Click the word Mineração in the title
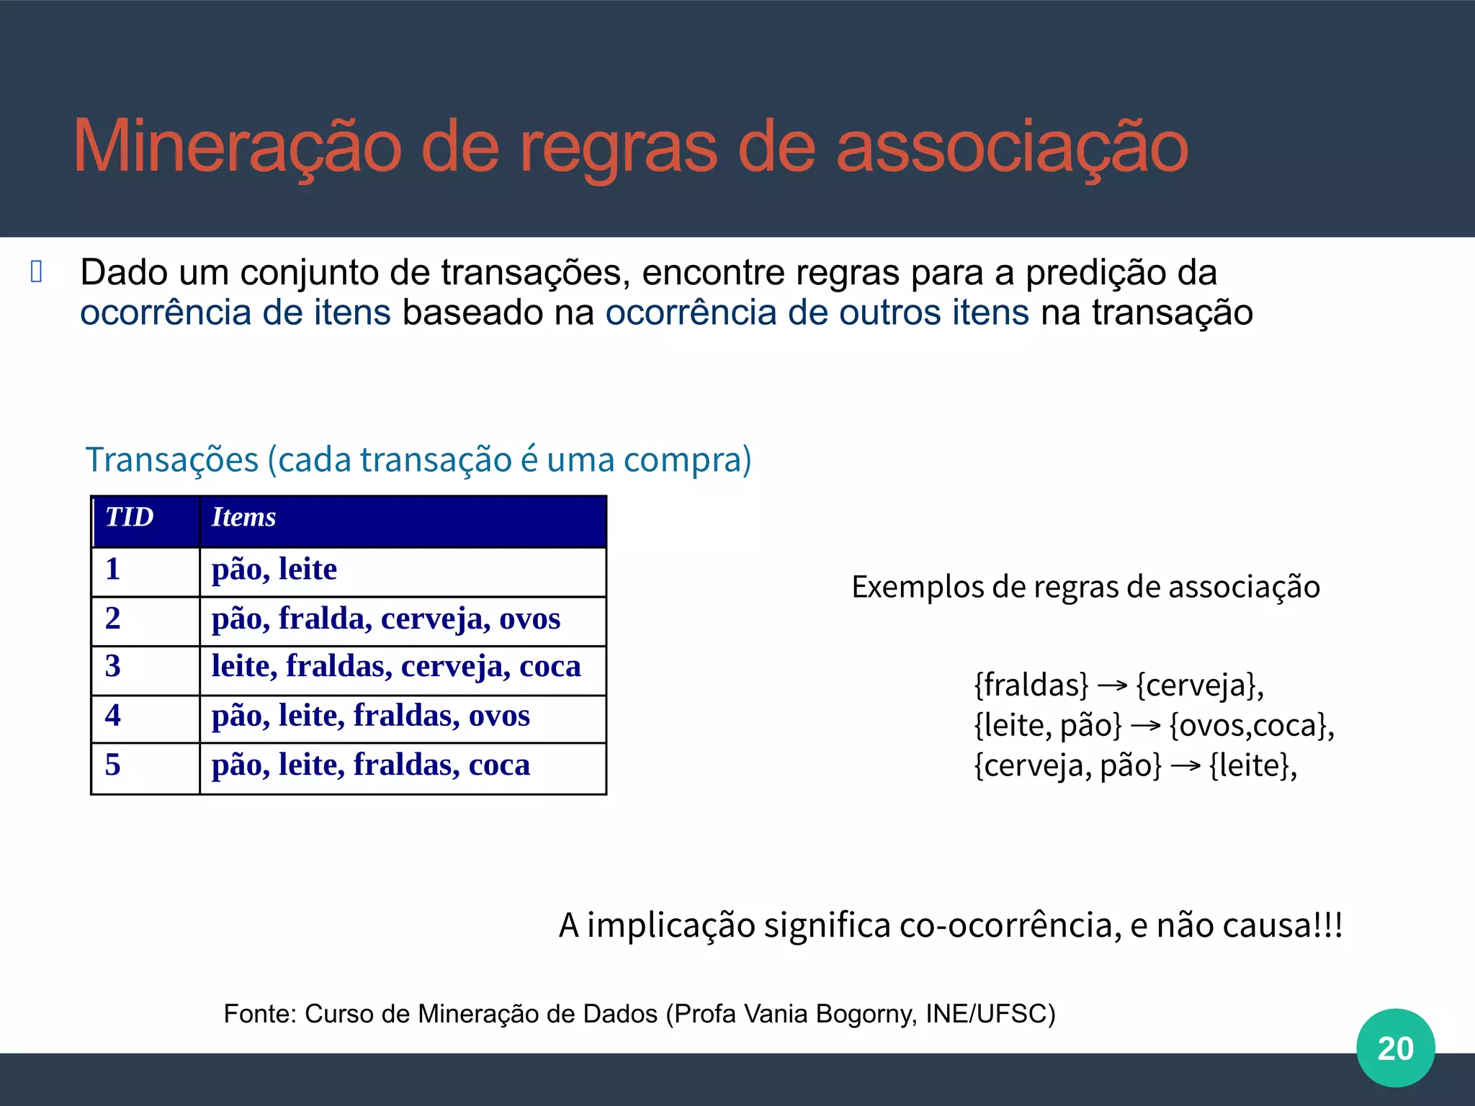[238, 148]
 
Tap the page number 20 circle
[1395, 1048]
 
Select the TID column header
[130, 517]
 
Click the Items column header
[244, 517]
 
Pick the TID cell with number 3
[113, 666]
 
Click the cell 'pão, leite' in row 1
[274, 570]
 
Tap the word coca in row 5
[499, 765]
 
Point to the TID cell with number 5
[113, 765]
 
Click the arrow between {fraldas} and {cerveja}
[1112, 685]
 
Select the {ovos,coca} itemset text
[1251, 725]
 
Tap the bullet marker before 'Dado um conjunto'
[37, 271]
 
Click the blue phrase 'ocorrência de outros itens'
[817, 313]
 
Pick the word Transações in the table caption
[172, 460]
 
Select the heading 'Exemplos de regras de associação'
[1085, 587]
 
